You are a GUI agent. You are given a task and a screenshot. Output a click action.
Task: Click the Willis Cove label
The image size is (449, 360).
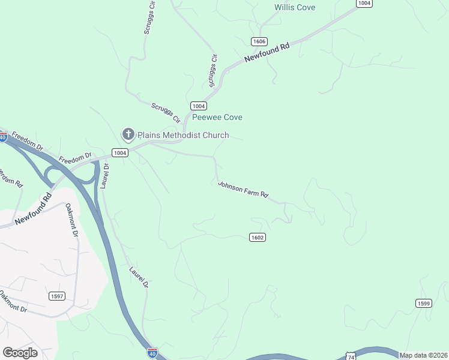(295, 7)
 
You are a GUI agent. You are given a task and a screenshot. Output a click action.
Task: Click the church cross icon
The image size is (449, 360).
(128, 135)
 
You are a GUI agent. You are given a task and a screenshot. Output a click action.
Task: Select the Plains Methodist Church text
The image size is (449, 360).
(183, 135)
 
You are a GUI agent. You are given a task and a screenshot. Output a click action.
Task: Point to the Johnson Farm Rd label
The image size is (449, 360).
(243, 190)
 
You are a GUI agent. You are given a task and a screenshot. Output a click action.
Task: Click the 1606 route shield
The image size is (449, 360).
(259, 41)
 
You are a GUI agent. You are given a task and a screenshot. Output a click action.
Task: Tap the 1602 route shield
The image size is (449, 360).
(257, 238)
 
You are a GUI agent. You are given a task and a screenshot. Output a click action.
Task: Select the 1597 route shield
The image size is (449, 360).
(56, 296)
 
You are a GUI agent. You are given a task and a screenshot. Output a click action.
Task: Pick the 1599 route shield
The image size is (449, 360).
(423, 303)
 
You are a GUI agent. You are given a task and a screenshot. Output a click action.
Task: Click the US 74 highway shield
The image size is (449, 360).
(351, 356)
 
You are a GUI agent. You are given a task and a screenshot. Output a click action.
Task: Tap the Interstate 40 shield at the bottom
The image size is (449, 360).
(152, 352)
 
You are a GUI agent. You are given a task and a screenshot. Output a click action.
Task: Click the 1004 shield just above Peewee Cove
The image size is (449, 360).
(199, 106)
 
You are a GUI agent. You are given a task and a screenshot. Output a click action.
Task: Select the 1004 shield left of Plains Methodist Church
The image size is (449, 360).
(120, 153)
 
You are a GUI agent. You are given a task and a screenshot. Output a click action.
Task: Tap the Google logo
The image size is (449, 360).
(20, 352)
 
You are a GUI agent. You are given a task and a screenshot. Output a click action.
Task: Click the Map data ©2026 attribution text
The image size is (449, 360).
(423, 355)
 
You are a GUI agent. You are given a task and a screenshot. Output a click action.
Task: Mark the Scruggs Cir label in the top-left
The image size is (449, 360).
(150, 17)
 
